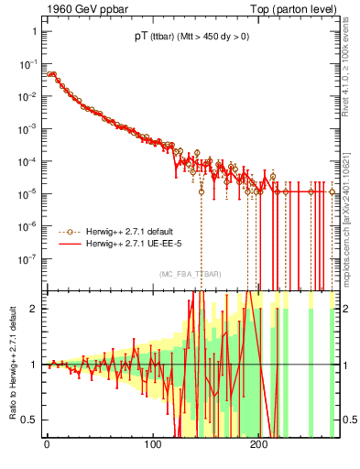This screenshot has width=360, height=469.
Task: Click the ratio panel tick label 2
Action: point(35,309)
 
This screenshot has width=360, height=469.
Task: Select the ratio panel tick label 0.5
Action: point(31,420)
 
